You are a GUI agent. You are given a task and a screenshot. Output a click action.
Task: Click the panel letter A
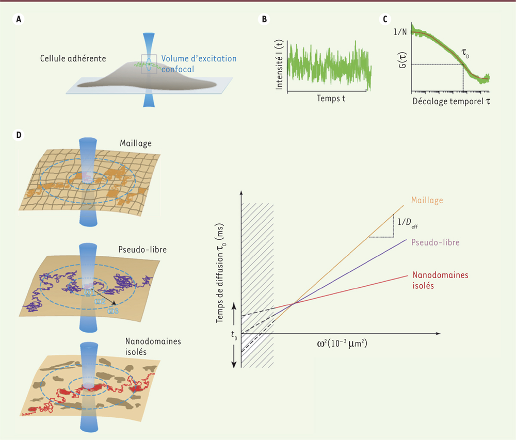click(x=19, y=20)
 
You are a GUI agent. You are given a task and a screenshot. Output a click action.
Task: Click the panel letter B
click(x=264, y=20)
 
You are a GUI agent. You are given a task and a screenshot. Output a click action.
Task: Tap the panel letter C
click(x=385, y=20)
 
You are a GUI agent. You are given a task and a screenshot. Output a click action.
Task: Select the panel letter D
click(x=19, y=135)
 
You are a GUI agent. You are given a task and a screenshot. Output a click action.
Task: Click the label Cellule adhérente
click(x=73, y=58)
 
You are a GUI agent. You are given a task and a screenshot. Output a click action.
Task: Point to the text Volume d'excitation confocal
click(x=199, y=64)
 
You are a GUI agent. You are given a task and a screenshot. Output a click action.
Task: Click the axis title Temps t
click(x=331, y=99)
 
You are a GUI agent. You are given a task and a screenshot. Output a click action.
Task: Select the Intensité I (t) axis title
click(x=279, y=64)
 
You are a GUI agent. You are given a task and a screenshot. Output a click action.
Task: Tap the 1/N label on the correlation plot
click(x=400, y=32)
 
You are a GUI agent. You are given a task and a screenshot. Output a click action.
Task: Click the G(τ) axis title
click(x=402, y=60)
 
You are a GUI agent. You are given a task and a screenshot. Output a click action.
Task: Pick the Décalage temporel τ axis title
click(x=451, y=101)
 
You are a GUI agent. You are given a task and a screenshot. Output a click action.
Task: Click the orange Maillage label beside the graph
click(x=427, y=200)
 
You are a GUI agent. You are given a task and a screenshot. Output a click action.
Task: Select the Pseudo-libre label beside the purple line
click(x=436, y=242)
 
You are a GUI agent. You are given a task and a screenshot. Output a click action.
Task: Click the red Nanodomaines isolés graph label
click(x=440, y=280)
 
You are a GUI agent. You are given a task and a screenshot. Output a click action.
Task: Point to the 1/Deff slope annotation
click(x=408, y=223)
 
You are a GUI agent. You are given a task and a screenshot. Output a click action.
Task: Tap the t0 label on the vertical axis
click(x=234, y=335)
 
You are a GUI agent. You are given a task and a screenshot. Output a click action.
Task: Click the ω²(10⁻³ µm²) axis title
click(x=342, y=344)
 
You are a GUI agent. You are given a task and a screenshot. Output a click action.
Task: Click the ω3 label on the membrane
click(x=113, y=311)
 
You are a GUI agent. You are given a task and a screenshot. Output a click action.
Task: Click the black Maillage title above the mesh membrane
click(x=136, y=143)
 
